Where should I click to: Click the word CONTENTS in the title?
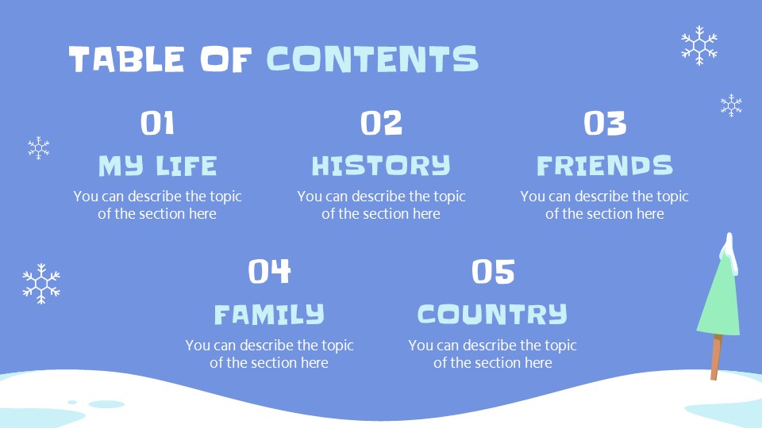tap(372, 59)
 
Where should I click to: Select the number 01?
tap(157, 124)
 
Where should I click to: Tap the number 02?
tap(381, 124)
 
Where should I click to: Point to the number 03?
tap(605, 124)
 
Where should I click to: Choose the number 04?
tap(269, 272)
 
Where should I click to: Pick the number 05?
tap(493, 272)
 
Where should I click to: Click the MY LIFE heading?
tap(157, 166)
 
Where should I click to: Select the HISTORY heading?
tap(381, 166)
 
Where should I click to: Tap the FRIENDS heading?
tap(605, 166)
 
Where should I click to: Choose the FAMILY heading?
tap(269, 315)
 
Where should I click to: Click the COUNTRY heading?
tap(493, 315)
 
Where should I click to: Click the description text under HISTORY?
tap(381, 204)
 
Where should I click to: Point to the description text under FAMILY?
tap(269, 353)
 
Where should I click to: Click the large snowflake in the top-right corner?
tap(698, 45)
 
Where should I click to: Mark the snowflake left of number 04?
tap(41, 283)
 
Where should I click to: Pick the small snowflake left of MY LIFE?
tap(39, 147)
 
